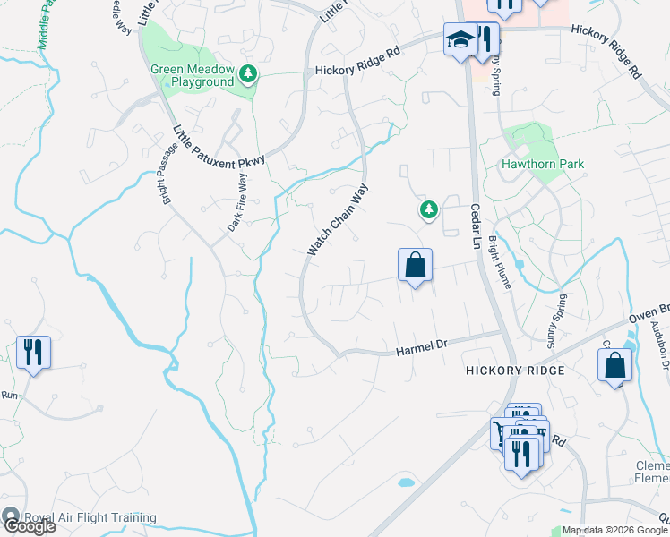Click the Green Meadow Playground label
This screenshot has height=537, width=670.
(x=192, y=75)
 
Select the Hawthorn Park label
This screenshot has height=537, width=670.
(x=543, y=164)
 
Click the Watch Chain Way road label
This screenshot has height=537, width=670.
(x=339, y=220)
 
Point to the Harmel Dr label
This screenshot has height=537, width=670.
(x=420, y=346)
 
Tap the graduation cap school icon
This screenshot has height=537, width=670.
(x=460, y=40)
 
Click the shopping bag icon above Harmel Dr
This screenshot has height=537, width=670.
(x=415, y=266)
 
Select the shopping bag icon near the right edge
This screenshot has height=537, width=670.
(x=615, y=365)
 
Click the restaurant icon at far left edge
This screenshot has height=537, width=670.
(x=33, y=351)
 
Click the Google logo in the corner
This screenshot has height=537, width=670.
(x=29, y=526)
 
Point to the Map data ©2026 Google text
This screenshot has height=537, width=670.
(x=614, y=530)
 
